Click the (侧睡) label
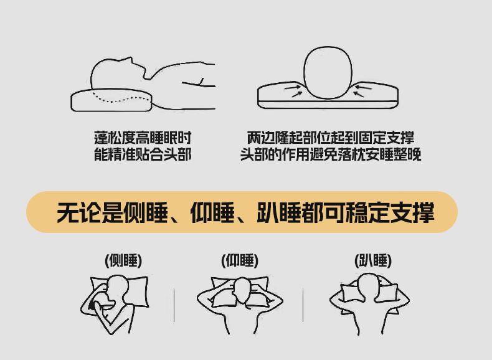pyautogui.click(x=123, y=260)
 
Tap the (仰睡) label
pyautogui.click(x=240, y=260)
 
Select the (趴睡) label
pyautogui.click(x=373, y=260)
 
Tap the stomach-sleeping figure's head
pyautogui.click(x=369, y=286)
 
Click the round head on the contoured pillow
pyautogui.click(x=328, y=72)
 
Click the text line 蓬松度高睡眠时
pyautogui.click(x=143, y=138)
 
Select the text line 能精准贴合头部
pyautogui.click(x=143, y=154)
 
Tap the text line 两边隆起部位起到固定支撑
pyautogui.click(x=331, y=138)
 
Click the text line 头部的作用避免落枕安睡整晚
pyautogui.click(x=331, y=154)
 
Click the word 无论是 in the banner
pyautogui.click(x=90, y=213)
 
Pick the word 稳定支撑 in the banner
pyautogui.click(x=390, y=213)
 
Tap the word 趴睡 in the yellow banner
pyautogui.click(x=279, y=213)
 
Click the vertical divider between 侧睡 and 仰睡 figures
pyautogui.click(x=174, y=305)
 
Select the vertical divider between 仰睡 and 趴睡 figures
pyautogui.click(x=303, y=305)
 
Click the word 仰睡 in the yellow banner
pyautogui.click(x=212, y=213)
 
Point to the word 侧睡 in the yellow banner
pyautogui.click(x=146, y=213)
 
